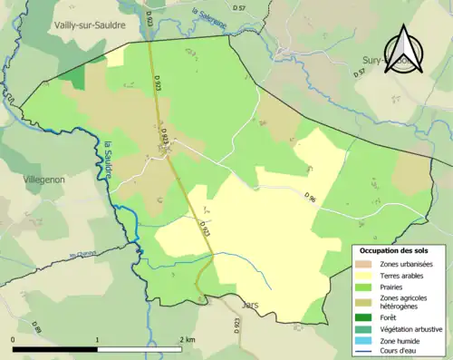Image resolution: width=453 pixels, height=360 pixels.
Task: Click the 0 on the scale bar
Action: point(14,339)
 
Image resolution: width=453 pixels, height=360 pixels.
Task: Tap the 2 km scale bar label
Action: point(186,339)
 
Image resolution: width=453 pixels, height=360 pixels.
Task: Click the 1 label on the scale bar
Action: point(97,339)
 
